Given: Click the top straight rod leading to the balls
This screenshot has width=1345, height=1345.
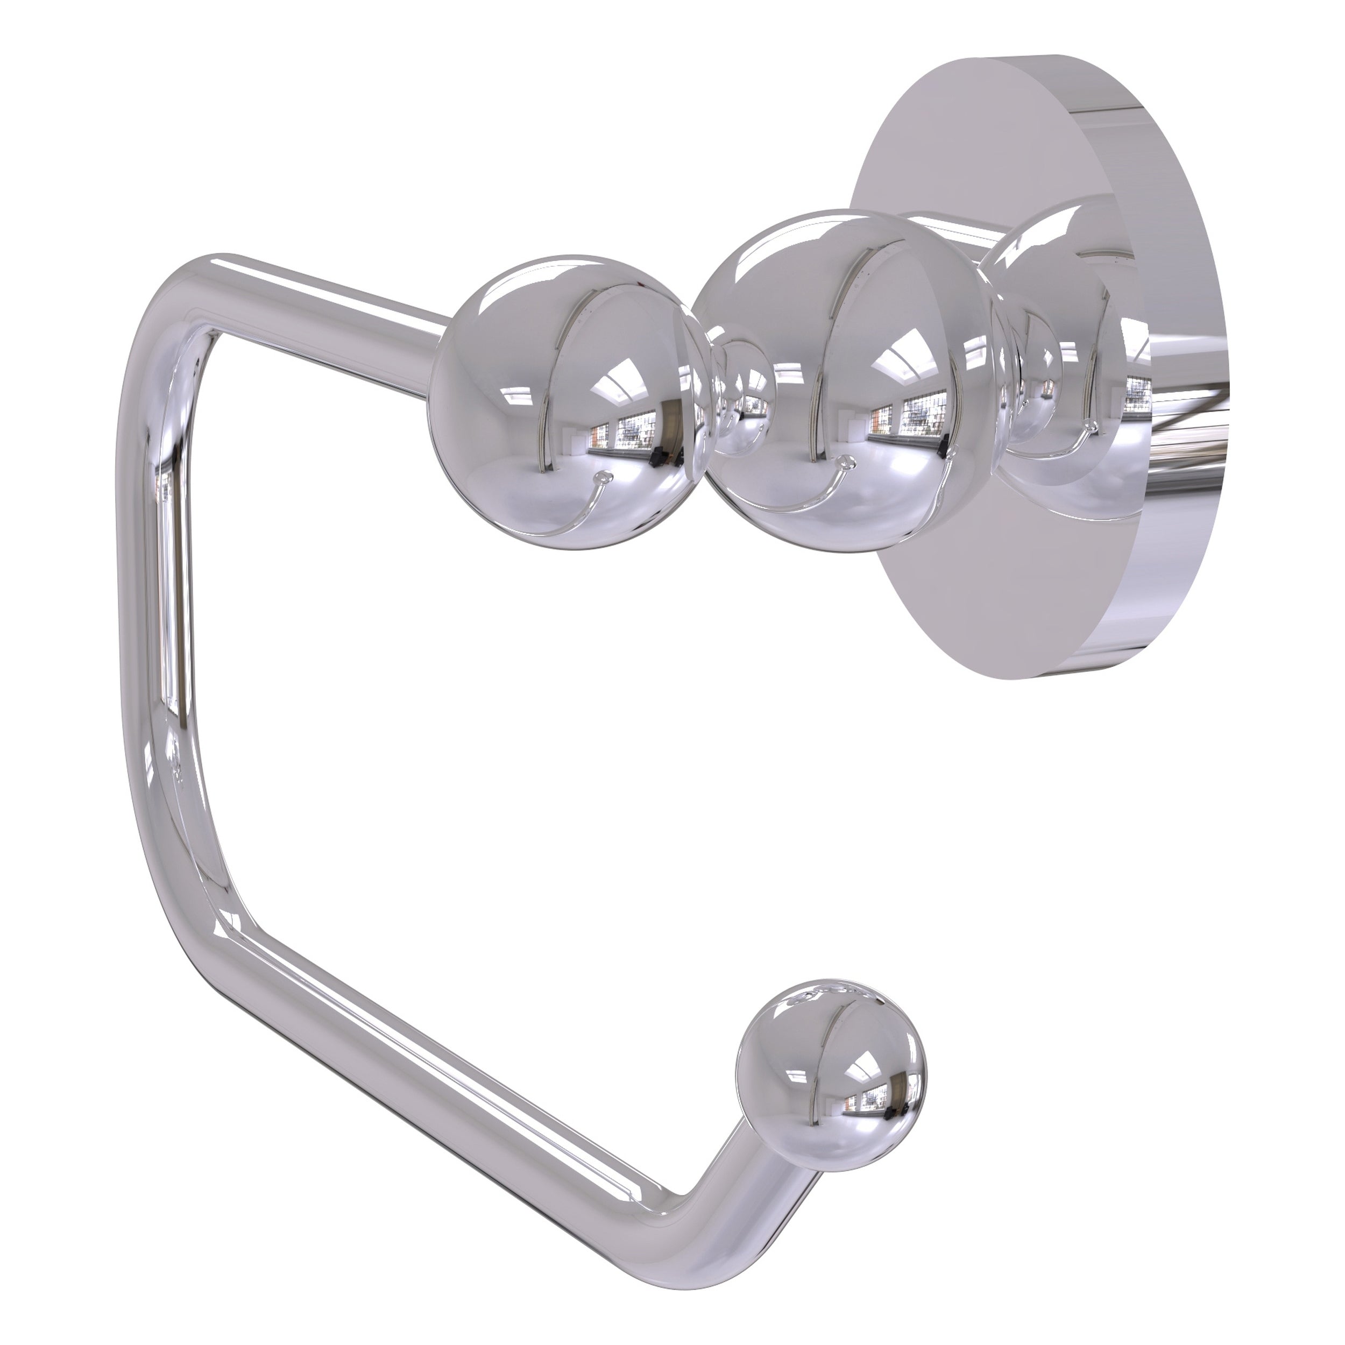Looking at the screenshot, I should pos(334,292).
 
